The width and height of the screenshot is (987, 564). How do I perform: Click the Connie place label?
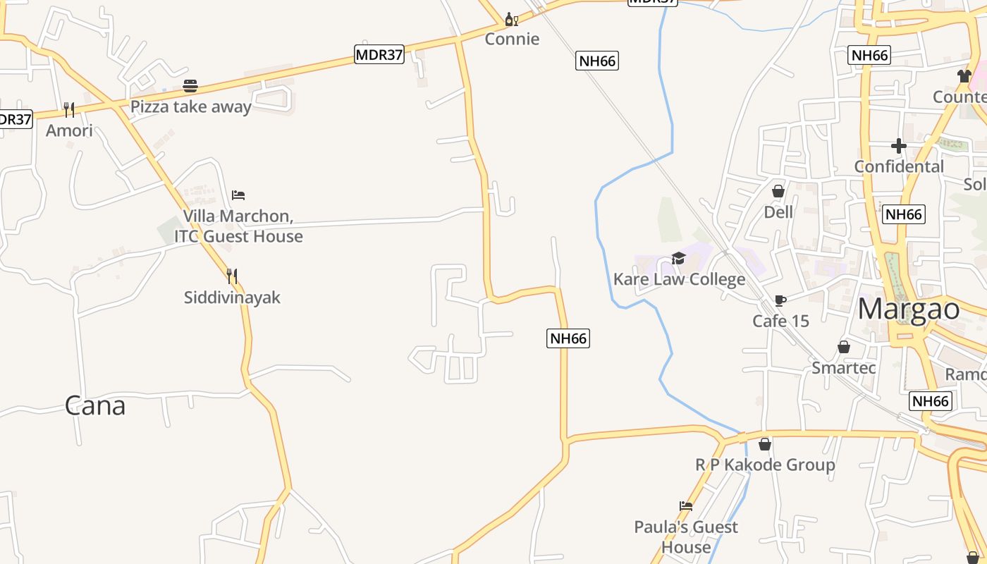pyautogui.click(x=512, y=39)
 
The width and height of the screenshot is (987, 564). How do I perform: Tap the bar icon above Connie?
pyautogui.click(x=512, y=19)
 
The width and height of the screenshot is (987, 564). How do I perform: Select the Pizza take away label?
pyautogui.click(x=191, y=107)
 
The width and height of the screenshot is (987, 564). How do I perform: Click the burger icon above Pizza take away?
pyautogui.click(x=190, y=87)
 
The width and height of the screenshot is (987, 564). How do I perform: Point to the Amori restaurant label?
pyautogui.click(x=69, y=130)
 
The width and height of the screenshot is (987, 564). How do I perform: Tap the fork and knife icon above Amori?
pyautogui.click(x=69, y=109)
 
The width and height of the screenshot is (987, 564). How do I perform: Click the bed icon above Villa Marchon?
pyautogui.click(x=238, y=195)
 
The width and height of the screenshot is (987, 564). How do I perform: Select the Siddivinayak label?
pyautogui.click(x=232, y=298)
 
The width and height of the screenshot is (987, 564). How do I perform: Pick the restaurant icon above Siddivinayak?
pyautogui.click(x=232, y=276)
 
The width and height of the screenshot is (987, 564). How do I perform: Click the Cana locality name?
pyautogui.click(x=95, y=405)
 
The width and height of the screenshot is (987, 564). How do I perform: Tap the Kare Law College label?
pyautogui.click(x=679, y=279)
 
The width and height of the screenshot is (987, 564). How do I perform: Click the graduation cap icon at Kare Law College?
pyautogui.click(x=678, y=258)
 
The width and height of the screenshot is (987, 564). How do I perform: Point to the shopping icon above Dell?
pyautogui.click(x=778, y=191)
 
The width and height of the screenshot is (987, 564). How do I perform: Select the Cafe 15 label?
pyautogui.click(x=780, y=321)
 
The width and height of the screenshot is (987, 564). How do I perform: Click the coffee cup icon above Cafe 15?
pyautogui.click(x=780, y=300)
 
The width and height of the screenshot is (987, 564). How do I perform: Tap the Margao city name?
pyautogui.click(x=909, y=309)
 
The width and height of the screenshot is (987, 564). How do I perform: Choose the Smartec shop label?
pyautogui.click(x=844, y=368)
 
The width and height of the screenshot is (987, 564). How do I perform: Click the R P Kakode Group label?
pyautogui.click(x=765, y=465)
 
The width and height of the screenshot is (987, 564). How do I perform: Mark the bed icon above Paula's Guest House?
pyautogui.click(x=685, y=505)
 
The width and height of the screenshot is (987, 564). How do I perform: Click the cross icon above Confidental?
pyautogui.click(x=899, y=146)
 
